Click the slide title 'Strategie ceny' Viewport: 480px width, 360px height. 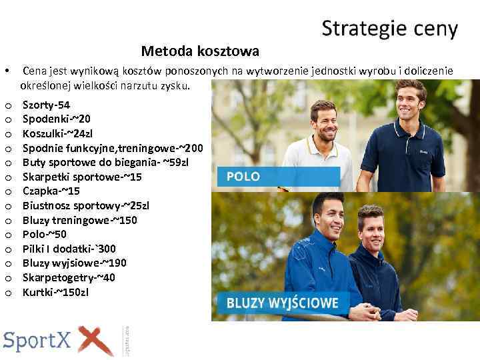point(389,29)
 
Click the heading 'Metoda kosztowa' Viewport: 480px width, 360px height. point(200,51)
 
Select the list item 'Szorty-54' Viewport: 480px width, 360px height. point(46,105)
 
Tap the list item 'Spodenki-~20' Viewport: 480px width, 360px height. point(56,119)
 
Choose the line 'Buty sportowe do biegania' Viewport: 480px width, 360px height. point(105,162)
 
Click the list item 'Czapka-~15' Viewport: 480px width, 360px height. point(51,191)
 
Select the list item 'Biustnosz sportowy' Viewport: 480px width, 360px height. point(85,205)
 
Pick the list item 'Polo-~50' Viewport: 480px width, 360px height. point(45,235)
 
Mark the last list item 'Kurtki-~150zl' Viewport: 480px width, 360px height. point(55,292)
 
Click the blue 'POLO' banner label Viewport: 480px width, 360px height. point(243,177)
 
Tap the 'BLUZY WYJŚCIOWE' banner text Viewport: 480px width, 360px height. point(282,303)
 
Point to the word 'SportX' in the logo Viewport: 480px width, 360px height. point(38,341)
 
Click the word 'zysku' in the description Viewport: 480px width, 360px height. point(175,86)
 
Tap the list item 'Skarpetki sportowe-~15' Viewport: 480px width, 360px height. point(82,177)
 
